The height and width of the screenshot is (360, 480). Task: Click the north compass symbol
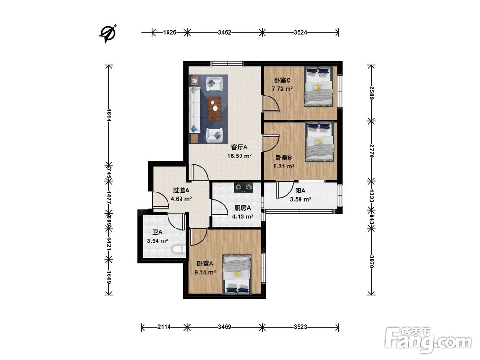click(108, 34)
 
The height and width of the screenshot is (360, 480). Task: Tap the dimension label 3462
click(225, 32)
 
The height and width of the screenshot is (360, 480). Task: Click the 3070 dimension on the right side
click(372, 262)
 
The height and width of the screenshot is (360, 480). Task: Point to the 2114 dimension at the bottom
click(164, 327)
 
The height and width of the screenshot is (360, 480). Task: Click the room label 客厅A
click(239, 147)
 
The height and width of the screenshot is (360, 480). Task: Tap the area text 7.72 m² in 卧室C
click(282, 89)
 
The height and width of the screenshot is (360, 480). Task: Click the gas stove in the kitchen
click(244, 187)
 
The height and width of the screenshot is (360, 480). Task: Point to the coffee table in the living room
click(215, 108)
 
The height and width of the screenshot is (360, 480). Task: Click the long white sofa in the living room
click(194, 109)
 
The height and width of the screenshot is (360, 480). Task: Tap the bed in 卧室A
click(237, 275)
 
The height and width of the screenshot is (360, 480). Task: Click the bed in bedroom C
click(318, 86)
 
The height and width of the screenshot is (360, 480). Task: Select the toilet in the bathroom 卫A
click(179, 250)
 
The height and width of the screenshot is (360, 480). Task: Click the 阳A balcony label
click(300, 191)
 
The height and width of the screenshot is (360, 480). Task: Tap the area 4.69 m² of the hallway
click(181, 199)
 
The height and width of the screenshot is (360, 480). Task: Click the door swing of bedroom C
click(271, 103)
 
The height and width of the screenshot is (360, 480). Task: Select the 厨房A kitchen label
click(242, 208)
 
